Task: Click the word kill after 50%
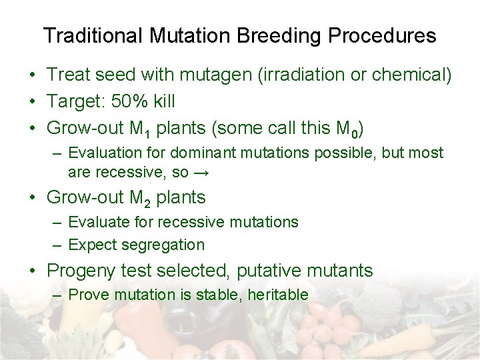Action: click(163, 101)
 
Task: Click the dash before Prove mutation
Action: click(59, 295)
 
